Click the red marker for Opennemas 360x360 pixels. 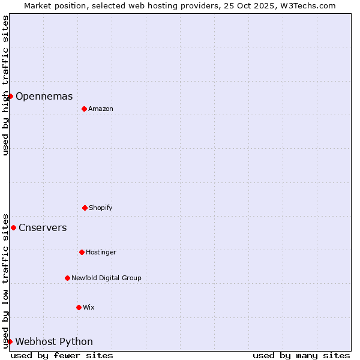tap(10, 96)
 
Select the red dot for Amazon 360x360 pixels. tap(84, 109)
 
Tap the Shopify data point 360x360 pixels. tap(85, 208)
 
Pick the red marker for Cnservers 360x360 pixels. tap(13, 227)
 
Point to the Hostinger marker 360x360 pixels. tap(82, 252)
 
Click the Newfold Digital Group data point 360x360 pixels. tap(67, 278)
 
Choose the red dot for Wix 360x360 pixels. tap(79, 307)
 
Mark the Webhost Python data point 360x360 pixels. tap(10, 341)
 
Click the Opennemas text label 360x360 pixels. tap(44, 97)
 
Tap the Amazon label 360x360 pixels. tap(101, 109)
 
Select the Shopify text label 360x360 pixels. tap(101, 208)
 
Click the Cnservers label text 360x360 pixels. tap(43, 228)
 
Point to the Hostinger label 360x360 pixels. tap(101, 253)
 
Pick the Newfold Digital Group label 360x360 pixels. tap(106, 278)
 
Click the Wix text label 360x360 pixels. tap(89, 308)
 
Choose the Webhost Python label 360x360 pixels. tap(54, 342)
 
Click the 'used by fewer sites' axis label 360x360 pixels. tap(62, 356)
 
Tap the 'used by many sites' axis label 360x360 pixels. tap(301, 356)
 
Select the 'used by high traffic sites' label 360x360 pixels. tap(5, 85)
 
